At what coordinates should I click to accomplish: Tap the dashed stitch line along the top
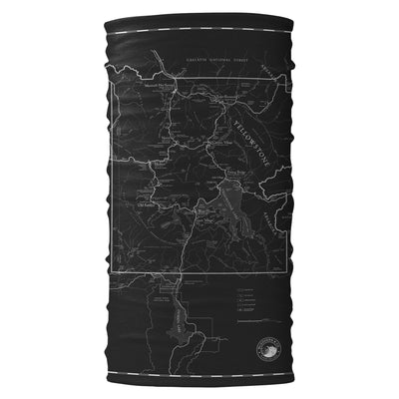199,34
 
